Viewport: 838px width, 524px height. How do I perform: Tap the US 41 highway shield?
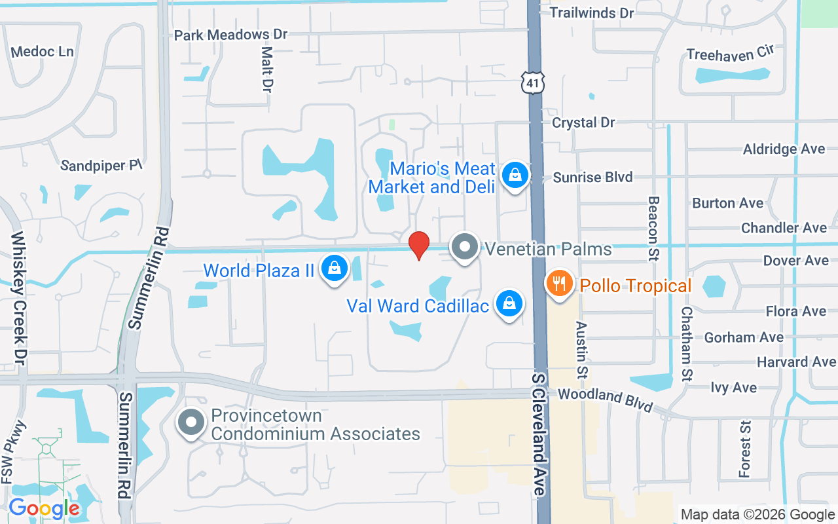pos(533,82)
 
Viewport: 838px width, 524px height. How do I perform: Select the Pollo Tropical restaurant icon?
pos(559,284)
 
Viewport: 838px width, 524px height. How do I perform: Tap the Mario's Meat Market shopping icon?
pos(515,176)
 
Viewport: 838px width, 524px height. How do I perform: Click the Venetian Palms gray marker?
pos(465,248)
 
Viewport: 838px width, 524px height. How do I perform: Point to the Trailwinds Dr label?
pos(592,12)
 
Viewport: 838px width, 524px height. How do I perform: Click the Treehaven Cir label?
pos(730,55)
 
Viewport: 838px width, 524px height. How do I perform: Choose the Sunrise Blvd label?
pos(592,177)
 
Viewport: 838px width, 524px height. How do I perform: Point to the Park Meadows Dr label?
pos(230,34)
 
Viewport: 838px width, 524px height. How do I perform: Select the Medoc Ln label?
pos(43,51)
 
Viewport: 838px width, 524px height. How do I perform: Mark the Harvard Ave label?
pos(796,362)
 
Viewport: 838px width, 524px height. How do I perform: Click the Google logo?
pos(44,508)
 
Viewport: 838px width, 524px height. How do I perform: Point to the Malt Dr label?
pos(266,68)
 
